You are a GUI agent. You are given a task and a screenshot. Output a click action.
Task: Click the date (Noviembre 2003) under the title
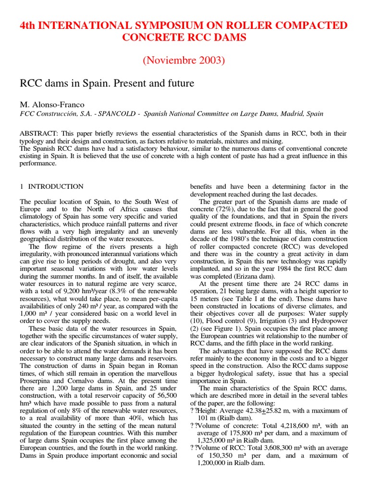[x=184, y=61]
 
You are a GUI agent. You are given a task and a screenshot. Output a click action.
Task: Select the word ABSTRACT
[x=37, y=133]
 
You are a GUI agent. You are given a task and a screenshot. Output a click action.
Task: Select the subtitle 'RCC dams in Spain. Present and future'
[x=107, y=83]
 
